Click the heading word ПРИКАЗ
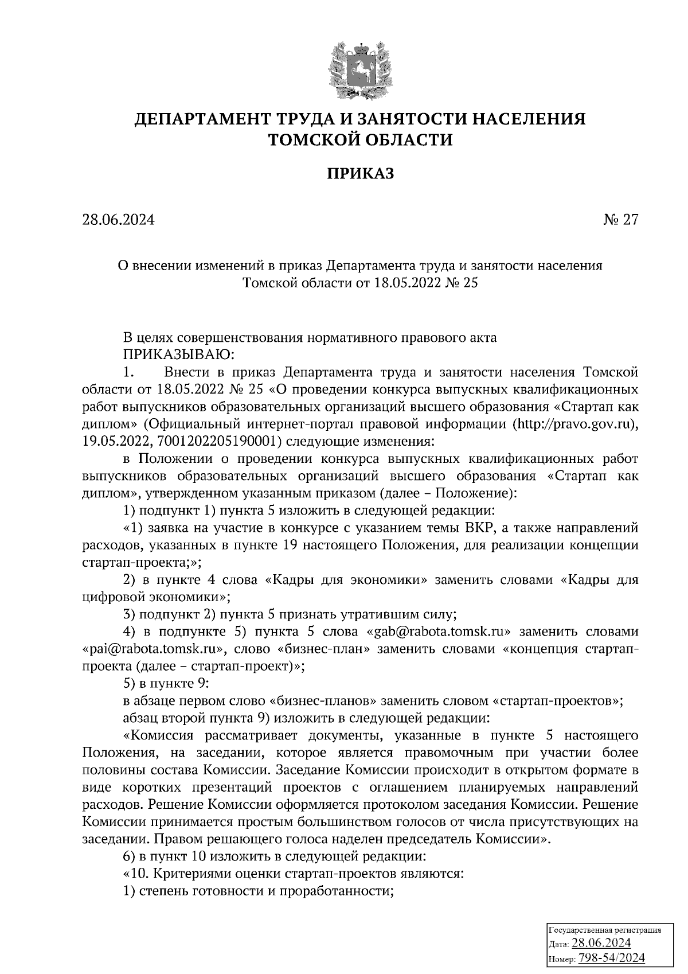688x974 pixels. coord(361,173)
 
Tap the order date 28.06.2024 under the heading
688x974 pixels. coord(118,220)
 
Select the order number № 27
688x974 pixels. coord(620,220)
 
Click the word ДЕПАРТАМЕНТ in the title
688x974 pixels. coord(202,119)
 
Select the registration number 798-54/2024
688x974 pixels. coord(611,957)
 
